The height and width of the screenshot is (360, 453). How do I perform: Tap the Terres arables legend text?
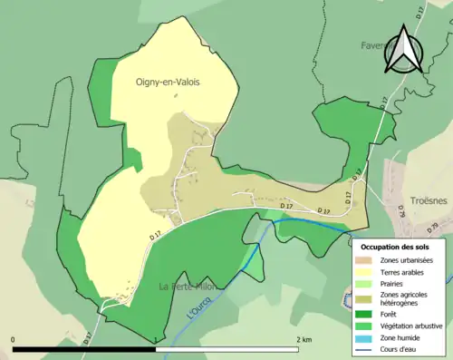click(x=405, y=271)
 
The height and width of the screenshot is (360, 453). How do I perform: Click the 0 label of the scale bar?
click(x=13, y=339)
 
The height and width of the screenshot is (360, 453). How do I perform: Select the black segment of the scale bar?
click(x=86, y=349)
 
